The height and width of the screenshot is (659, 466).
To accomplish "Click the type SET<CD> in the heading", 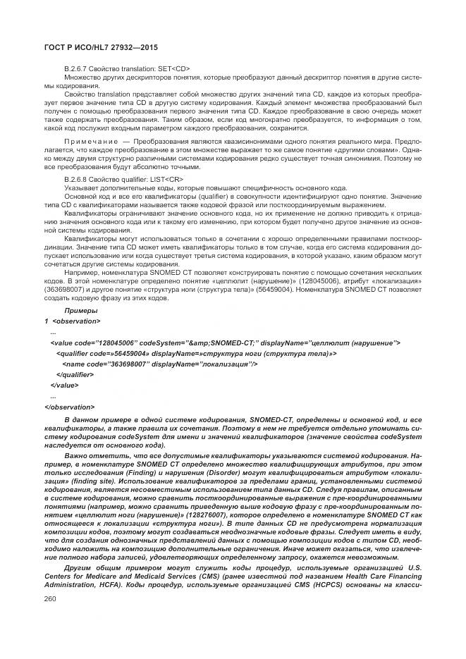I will (x=173, y=68).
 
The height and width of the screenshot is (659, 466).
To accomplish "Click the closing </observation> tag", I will (x=68, y=407).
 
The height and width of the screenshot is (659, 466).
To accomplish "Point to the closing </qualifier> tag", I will (x=75, y=374).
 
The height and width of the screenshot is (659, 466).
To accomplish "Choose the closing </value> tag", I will (x=65, y=385).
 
